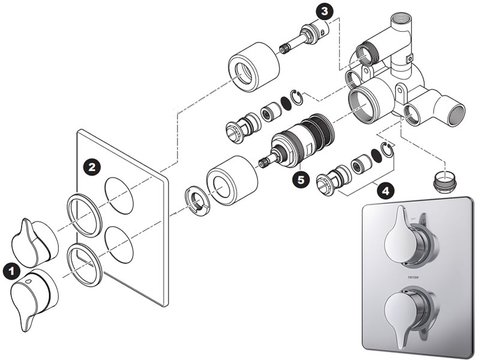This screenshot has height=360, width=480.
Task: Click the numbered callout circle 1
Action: click(10, 272)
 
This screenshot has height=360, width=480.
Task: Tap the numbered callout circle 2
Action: click(91, 167)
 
